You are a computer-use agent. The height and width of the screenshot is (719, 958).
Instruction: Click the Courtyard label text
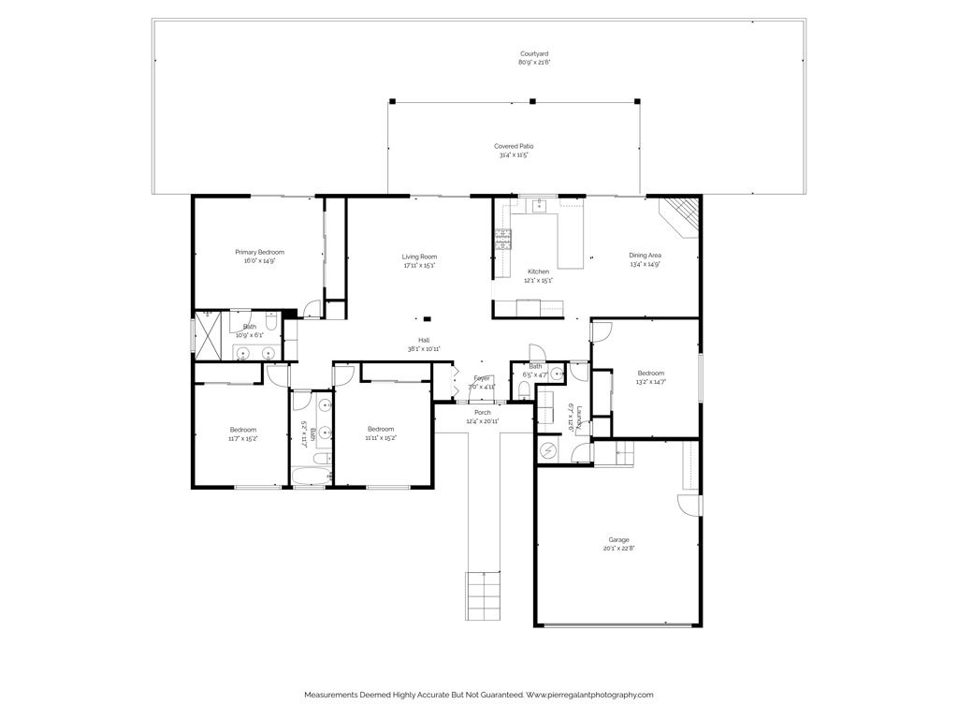point(535,54)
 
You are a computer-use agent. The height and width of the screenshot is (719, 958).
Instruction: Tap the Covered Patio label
point(514,146)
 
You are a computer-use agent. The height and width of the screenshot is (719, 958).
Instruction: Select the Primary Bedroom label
point(259,252)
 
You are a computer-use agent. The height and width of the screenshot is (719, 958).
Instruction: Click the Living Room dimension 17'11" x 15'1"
point(419,265)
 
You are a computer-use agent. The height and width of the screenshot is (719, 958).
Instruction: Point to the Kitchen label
point(538,271)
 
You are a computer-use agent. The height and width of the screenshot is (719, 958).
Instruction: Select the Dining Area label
point(645,256)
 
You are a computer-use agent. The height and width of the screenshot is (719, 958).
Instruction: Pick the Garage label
point(618,540)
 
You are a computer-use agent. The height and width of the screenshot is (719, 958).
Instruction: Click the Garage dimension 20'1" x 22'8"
point(618,550)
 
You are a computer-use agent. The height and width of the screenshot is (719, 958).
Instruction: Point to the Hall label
point(424,340)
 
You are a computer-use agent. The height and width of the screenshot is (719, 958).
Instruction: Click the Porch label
point(483,412)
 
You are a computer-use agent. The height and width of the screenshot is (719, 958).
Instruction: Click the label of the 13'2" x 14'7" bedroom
point(651,373)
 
